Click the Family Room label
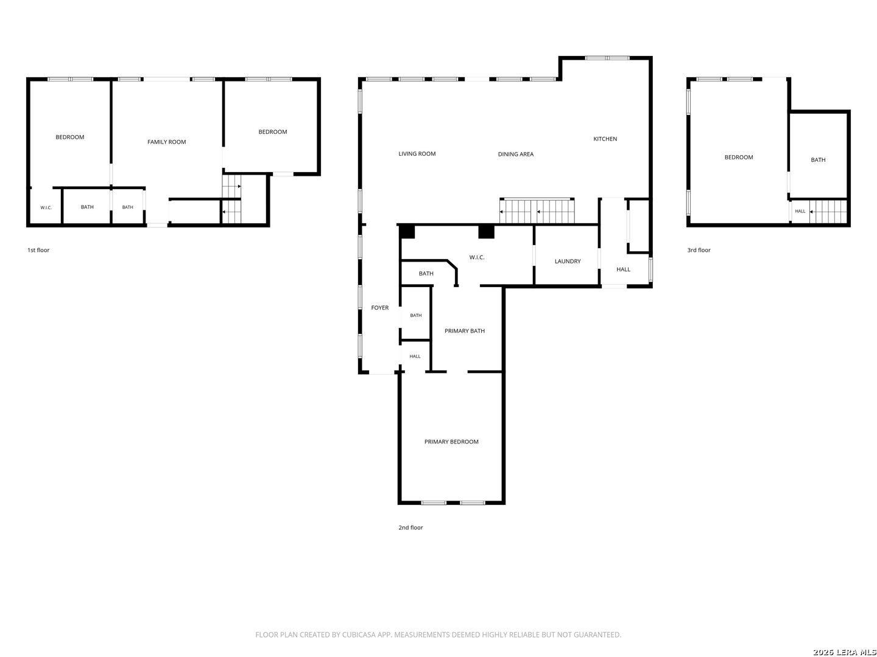click(x=166, y=142)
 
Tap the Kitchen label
click(x=605, y=139)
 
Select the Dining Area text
click(x=515, y=154)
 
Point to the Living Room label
click(x=417, y=153)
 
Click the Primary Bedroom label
click(x=451, y=442)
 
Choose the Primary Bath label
click(x=464, y=331)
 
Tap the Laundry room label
click(x=567, y=262)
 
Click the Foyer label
click(x=379, y=308)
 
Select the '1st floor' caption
click(x=38, y=250)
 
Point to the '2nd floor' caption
click(x=410, y=527)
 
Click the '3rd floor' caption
click(x=699, y=250)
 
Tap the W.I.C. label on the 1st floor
click(x=46, y=207)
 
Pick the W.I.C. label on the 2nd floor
click(x=476, y=257)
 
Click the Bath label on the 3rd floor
click(x=817, y=159)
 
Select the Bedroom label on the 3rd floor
click(x=738, y=157)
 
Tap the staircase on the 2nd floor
click(x=537, y=211)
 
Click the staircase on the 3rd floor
click(x=827, y=212)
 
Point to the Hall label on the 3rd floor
click(x=800, y=211)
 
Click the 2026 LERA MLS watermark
click(x=844, y=652)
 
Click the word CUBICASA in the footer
click(x=356, y=634)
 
